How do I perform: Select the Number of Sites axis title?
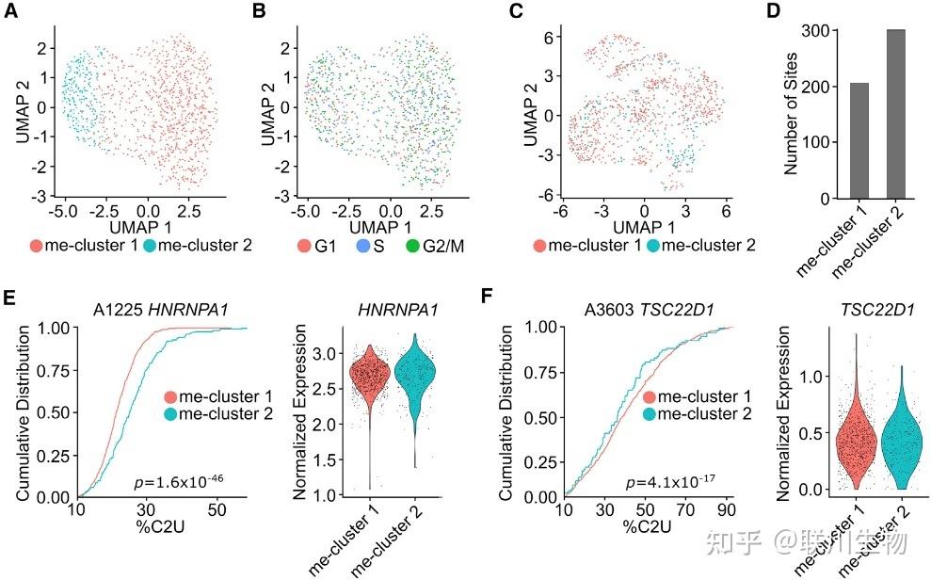(792, 113)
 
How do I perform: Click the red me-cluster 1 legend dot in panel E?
(169, 396)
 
